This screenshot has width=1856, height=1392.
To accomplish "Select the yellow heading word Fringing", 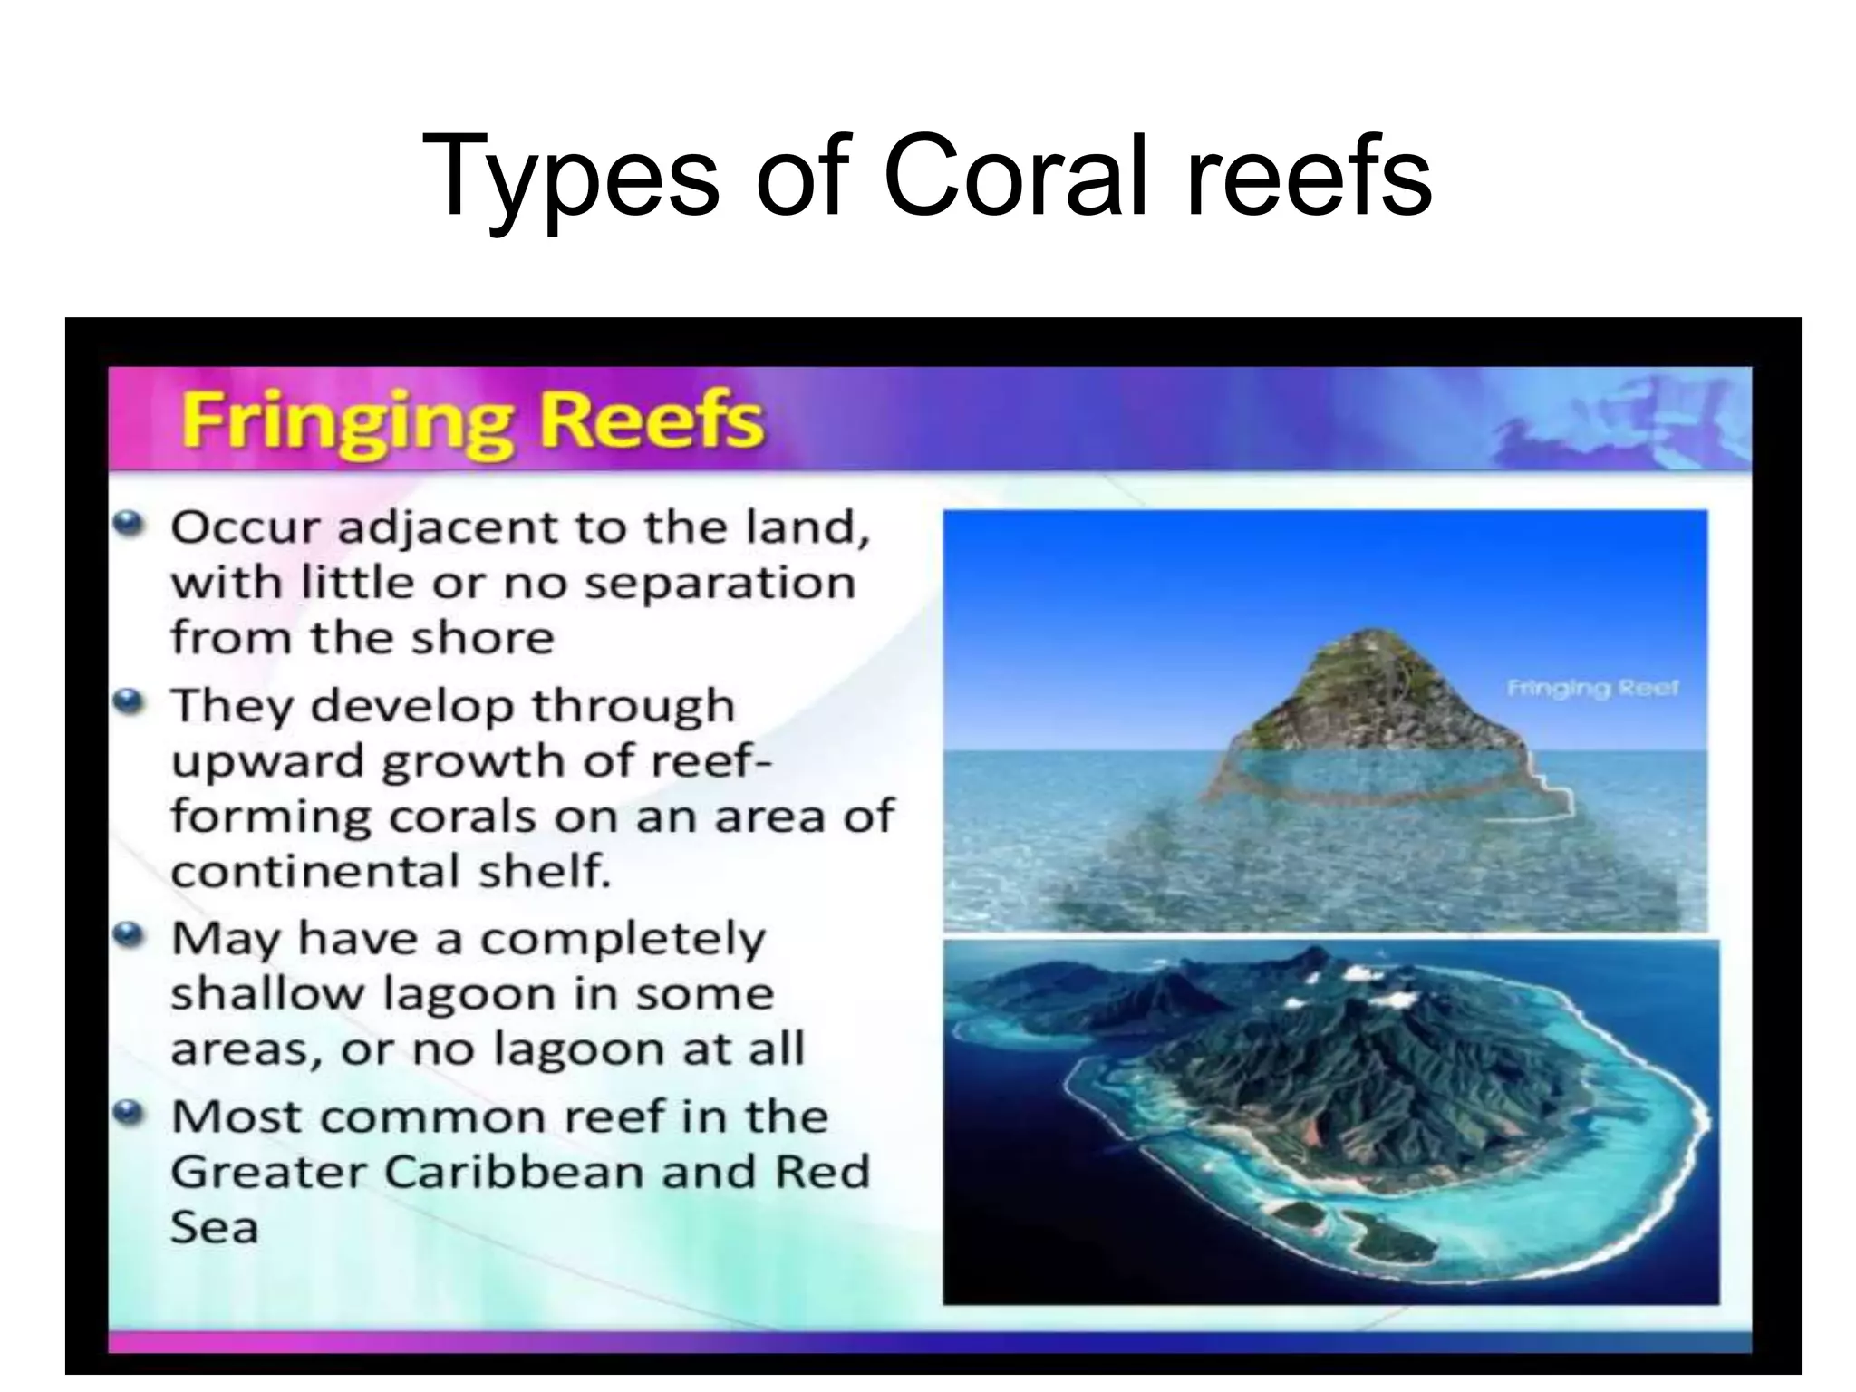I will tap(346, 421).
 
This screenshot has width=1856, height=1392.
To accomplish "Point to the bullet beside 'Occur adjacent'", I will tap(131, 523).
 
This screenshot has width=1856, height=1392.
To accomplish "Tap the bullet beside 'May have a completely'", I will tap(131, 933).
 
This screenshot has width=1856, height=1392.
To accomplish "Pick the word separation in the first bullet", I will tap(720, 583).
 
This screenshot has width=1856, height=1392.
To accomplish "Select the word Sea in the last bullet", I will tap(214, 1228).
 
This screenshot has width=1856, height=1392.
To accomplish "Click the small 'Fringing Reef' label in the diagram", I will tap(1592, 689).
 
